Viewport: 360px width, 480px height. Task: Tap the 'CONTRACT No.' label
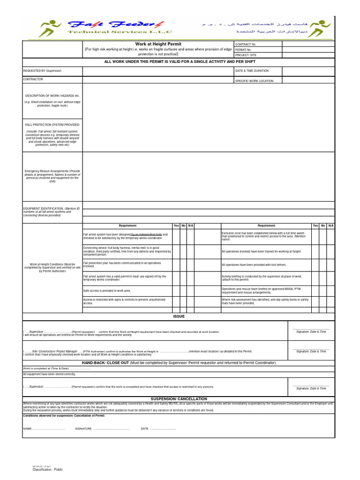pyautogui.click(x=246, y=44)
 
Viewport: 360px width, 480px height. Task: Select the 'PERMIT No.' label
pyautogui.click(x=243, y=49)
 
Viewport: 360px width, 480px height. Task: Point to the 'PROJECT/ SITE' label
pyautogui.click(x=246, y=55)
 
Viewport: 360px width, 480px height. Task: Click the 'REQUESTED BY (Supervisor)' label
pyautogui.click(x=42, y=71)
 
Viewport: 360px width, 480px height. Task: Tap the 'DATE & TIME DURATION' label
pyautogui.click(x=252, y=71)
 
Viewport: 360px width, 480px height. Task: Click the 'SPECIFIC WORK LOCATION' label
pyautogui.click(x=255, y=81)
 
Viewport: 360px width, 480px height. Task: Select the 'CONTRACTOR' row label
pyautogui.click(x=33, y=79)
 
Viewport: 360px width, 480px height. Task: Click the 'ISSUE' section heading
pyautogui.click(x=179, y=316)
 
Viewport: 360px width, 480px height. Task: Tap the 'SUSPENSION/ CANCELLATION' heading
pyautogui.click(x=179, y=398)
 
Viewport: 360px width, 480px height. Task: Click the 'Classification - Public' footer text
pyautogui.click(x=47, y=469)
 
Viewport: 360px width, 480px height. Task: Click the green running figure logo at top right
pyautogui.click(x=321, y=28)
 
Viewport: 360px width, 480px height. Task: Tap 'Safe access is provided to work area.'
pyautogui.click(x=107, y=291)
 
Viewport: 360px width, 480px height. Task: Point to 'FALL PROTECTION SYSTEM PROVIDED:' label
pyautogui.click(x=52, y=125)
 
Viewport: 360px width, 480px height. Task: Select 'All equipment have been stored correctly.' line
pyautogui.click(x=49, y=374)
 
